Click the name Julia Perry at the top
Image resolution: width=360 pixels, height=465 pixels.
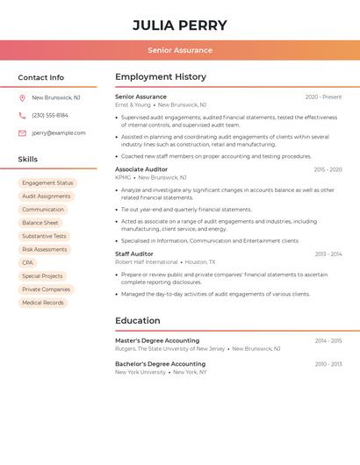tap(180, 25)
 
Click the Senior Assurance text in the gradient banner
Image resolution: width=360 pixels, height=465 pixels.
tap(180, 50)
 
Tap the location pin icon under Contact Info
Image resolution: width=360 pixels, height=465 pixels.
tap(22, 97)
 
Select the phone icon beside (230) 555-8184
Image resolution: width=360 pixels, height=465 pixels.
tap(22, 115)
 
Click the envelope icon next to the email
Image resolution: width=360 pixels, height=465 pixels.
tap(22, 133)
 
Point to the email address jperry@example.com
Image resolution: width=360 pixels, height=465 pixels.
tap(59, 133)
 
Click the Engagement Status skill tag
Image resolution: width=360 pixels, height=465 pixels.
tap(47, 183)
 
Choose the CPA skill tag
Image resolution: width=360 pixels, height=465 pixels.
tap(28, 263)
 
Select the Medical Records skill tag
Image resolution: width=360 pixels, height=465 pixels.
tap(43, 303)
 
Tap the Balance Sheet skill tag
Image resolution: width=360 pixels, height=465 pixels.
tap(40, 223)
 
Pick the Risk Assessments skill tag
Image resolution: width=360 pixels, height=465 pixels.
tap(45, 249)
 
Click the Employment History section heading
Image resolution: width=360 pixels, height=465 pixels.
tap(161, 77)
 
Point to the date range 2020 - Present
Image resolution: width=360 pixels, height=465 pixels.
tap(323, 97)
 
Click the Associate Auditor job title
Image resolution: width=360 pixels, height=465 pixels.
tap(141, 169)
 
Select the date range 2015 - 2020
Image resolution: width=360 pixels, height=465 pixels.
tap(328, 169)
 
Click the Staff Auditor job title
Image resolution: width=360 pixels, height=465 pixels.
tap(134, 254)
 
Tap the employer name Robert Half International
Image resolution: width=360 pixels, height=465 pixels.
tap(147, 262)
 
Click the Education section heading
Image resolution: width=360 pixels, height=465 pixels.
tap(138, 320)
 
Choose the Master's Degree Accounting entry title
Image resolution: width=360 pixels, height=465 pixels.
tap(157, 340)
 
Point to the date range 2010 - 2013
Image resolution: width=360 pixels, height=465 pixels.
tap(328, 364)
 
